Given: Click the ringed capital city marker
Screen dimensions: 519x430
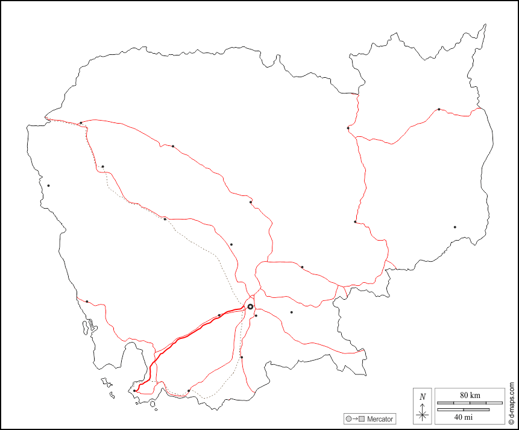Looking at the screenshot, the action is [250, 307].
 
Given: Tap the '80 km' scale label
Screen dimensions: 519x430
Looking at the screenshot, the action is [470, 395].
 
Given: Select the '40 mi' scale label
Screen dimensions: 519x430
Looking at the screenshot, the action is [464, 417].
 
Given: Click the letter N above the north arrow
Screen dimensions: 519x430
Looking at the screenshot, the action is [423, 396].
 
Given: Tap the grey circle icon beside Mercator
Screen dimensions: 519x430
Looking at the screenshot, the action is [348, 419].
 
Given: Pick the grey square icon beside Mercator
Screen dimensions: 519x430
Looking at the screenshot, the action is [362, 419].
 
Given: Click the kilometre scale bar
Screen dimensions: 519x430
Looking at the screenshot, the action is [470, 402].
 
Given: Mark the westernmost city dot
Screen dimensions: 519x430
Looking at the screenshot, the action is [48, 185].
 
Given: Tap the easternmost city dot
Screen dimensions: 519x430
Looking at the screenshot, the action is [455, 227].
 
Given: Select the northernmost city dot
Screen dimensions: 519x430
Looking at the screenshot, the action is [439, 109].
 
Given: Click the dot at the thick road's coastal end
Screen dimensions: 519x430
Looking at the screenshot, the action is [134, 390].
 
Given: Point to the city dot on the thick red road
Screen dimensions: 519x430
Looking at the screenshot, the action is [219, 315].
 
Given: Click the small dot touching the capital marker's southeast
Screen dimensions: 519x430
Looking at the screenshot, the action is [256, 315].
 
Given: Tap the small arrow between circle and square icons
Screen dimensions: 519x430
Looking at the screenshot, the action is [355, 419].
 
